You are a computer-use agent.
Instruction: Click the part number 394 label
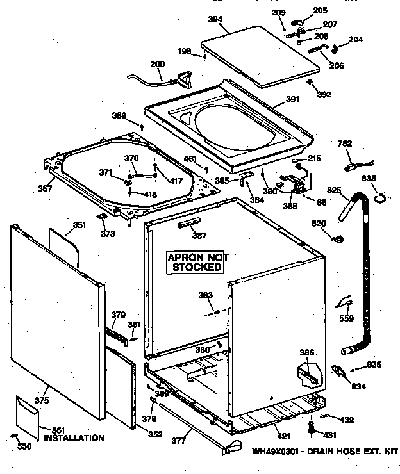click(x=215, y=20)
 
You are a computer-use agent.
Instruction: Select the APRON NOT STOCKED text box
click(x=197, y=262)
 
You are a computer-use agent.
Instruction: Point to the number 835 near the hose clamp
click(x=370, y=179)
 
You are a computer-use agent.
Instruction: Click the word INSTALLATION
click(x=73, y=439)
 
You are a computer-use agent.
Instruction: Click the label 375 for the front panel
click(x=42, y=400)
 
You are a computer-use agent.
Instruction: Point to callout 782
click(x=344, y=144)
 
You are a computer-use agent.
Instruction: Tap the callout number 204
click(x=356, y=40)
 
